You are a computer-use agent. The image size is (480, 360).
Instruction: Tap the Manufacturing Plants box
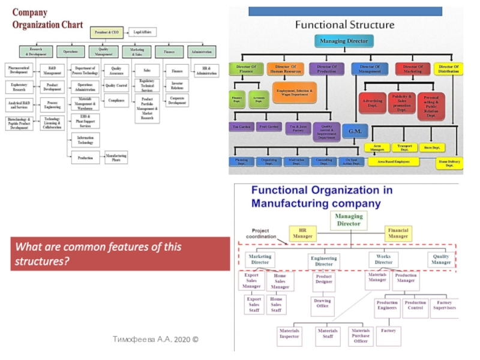click(x=116, y=158)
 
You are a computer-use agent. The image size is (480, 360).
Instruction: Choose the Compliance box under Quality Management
click(x=116, y=100)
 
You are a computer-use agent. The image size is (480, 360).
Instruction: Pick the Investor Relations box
click(x=177, y=85)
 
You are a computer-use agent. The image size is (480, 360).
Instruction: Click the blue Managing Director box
click(x=344, y=41)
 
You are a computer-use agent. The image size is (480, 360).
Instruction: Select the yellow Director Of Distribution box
click(x=448, y=69)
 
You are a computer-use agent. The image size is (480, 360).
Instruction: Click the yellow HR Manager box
click(x=302, y=233)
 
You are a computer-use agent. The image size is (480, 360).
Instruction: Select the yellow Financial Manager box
click(x=398, y=233)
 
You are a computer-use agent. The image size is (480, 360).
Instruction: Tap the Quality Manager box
click(x=440, y=259)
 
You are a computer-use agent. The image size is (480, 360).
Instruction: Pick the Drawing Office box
click(x=323, y=304)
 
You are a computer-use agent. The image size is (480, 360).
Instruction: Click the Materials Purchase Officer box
click(x=361, y=336)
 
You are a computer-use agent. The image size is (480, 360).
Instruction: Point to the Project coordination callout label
click(x=260, y=233)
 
